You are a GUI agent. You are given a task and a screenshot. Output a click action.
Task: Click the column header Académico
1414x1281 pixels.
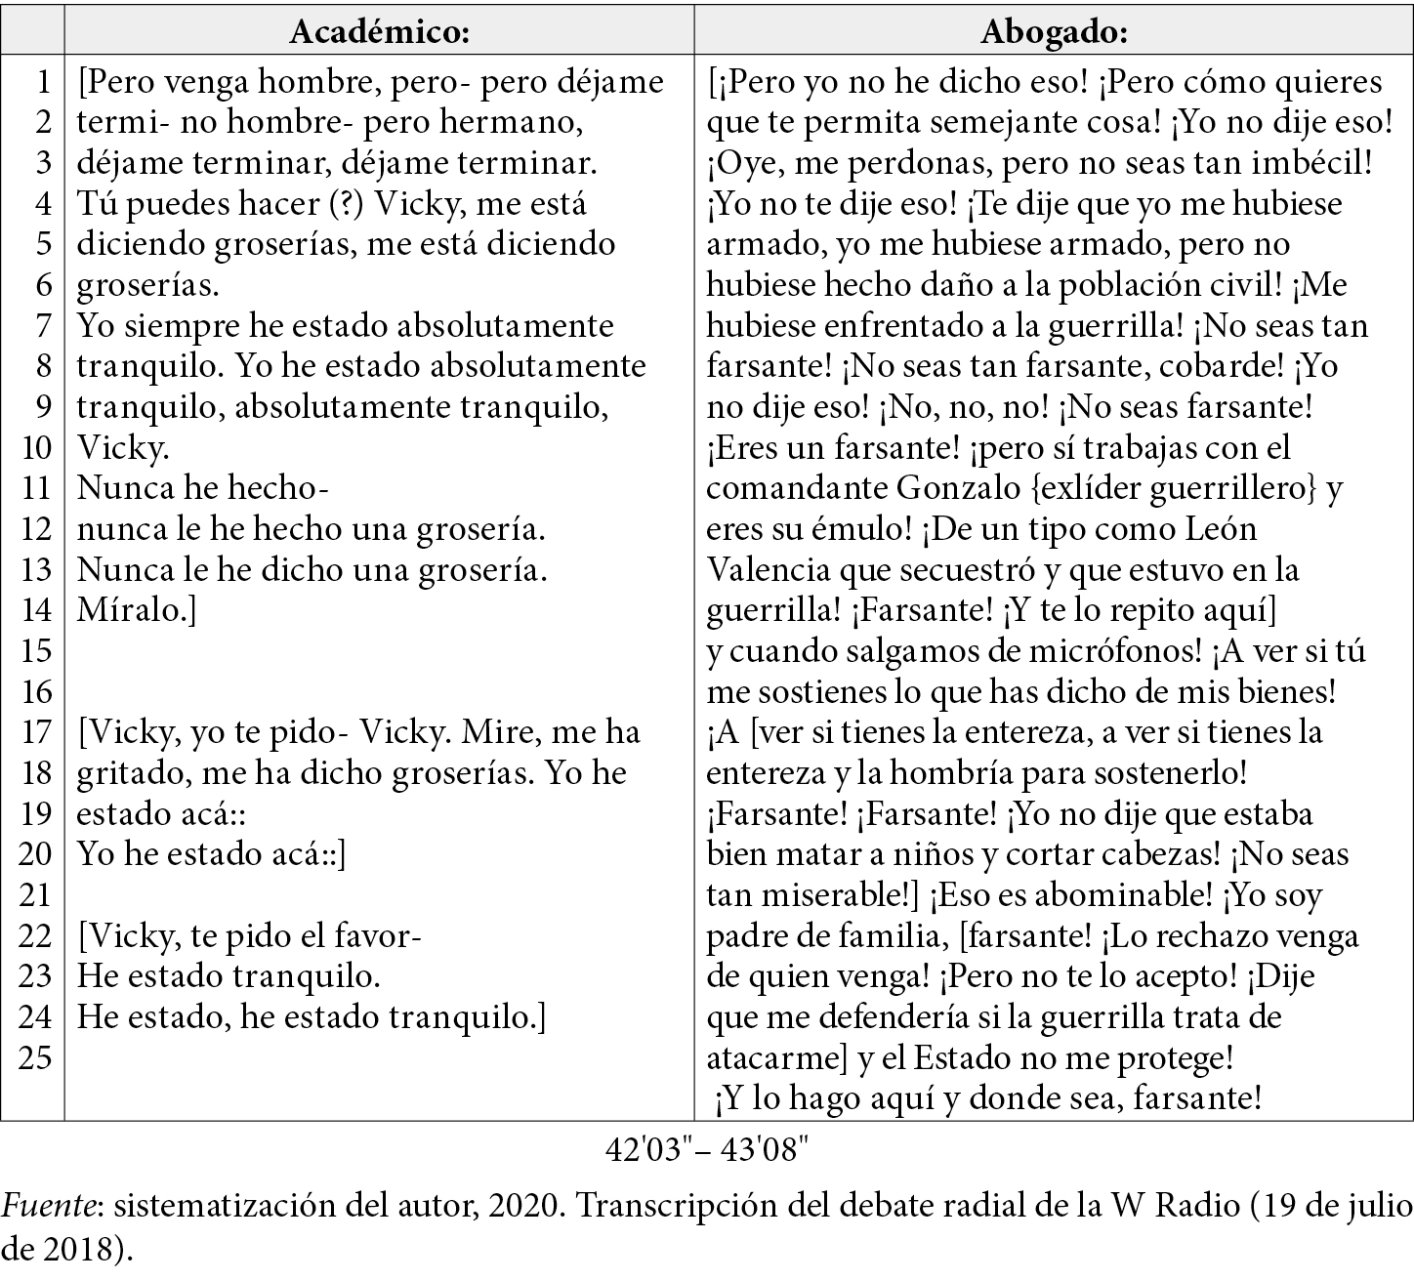click(380, 32)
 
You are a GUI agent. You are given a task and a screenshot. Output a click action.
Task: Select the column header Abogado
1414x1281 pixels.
click(1054, 32)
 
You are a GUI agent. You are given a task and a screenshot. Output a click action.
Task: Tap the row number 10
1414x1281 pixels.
click(35, 448)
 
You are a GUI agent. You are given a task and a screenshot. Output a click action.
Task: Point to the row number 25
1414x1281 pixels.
click(35, 1058)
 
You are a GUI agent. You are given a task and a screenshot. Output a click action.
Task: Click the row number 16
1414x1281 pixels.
click(35, 692)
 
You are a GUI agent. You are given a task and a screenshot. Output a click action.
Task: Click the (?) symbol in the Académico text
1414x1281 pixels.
click(343, 204)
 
